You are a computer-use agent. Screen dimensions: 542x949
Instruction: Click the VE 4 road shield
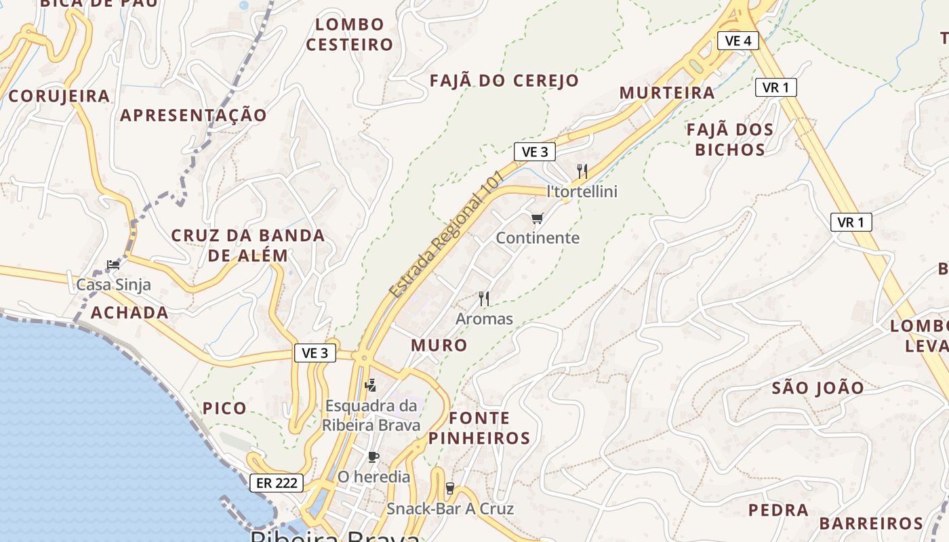[738, 41]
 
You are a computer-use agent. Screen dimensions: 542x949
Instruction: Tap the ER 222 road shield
[277, 483]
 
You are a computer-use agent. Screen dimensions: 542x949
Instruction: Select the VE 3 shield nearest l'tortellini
[535, 152]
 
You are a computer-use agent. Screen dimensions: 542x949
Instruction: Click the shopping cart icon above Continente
[538, 218]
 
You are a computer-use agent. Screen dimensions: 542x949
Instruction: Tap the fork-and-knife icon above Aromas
[484, 299]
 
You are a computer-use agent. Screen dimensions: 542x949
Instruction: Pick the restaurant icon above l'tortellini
[582, 171]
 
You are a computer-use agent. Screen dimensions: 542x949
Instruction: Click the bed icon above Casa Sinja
[113, 265]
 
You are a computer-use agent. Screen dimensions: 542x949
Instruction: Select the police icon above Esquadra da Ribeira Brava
[370, 386]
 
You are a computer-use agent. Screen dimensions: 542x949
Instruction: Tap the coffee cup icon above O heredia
[373, 457]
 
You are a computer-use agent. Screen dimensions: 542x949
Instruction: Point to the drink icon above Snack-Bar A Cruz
[449, 488]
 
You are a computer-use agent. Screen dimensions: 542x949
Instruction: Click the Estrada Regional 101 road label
[447, 234]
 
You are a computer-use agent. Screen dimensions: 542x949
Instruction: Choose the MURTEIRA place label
[667, 93]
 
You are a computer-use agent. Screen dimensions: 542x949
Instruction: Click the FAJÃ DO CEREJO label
[504, 81]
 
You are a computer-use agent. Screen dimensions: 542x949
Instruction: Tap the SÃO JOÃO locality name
[818, 388]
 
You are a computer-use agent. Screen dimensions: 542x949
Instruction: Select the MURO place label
[439, 345]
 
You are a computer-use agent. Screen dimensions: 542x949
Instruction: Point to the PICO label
[224, 408]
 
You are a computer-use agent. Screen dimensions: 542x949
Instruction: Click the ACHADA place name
[129, 312]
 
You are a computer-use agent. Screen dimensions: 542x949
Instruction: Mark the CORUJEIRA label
[59, 96]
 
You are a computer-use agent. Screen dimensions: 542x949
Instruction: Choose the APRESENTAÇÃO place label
[194, 115]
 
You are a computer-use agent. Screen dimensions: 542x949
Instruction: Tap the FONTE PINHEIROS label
[479, 428]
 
